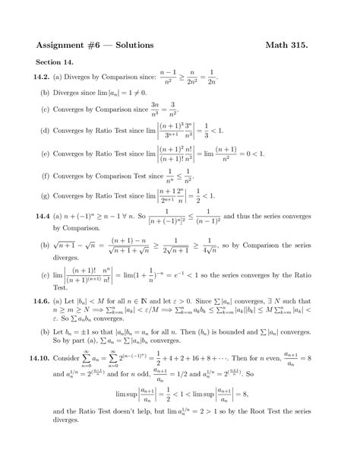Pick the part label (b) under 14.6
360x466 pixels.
[45, 331]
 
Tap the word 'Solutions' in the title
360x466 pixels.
[131, 45]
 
